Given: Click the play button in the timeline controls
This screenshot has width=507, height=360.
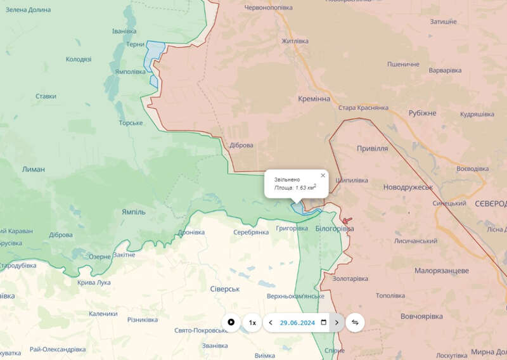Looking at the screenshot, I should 231,323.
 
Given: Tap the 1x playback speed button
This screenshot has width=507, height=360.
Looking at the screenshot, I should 252,323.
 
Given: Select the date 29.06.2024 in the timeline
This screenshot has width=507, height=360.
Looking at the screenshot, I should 297,323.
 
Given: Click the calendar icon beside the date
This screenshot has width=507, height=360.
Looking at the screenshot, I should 324,323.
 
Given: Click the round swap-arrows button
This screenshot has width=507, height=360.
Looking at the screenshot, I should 355,323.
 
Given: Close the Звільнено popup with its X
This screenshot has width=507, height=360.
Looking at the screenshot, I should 323,176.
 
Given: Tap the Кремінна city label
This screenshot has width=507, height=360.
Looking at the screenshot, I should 314,100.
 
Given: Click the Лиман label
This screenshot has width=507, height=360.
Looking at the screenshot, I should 34,169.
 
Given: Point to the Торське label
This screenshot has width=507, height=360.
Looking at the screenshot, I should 131,122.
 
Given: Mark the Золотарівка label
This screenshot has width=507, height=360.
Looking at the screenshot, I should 350,278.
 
